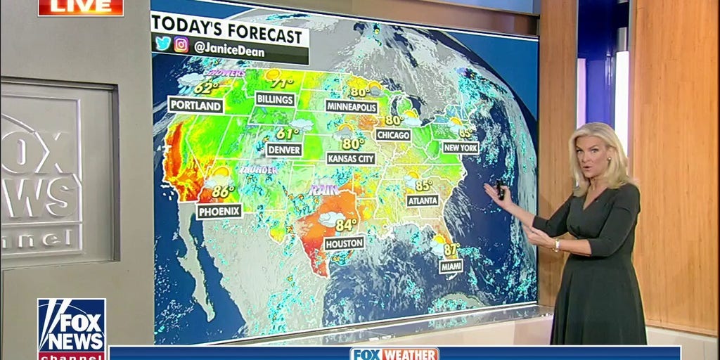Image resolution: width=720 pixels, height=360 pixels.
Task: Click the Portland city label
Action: tap(195, 105)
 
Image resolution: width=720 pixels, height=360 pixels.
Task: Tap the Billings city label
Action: tap(275, 99)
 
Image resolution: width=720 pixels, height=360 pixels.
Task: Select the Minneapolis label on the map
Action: tap(352, 107)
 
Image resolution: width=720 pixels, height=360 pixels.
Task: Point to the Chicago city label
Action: tap(393, 134)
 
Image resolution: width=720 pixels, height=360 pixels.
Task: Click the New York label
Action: tap(461, 148)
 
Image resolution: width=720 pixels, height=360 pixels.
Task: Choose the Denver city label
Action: tap(284, 150)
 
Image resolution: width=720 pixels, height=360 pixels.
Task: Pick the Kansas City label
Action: tap(351, 159)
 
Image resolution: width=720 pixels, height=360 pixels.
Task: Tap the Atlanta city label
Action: tap(423, 200)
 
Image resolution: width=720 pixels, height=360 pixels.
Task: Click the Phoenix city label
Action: tap(219, 210)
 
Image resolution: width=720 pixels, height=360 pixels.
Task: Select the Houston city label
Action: tap(344, 243)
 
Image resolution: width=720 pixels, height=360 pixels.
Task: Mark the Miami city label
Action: tap(451, 266)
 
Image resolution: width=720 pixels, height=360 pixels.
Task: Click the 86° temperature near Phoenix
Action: tap(223, 191)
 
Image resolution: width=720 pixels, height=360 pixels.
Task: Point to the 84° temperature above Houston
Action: tap(346, 225)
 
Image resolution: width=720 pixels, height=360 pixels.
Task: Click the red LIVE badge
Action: tap(80, 7)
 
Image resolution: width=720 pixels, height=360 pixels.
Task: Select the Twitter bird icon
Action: tap(163, 44)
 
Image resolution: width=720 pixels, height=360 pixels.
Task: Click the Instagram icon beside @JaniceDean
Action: tap(181, 44)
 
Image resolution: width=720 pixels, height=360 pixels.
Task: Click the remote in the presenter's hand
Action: tap(499, 188)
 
